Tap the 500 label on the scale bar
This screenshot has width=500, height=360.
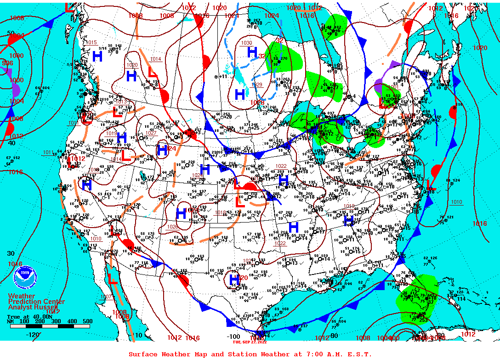pyautogui.click(x=87, y=321)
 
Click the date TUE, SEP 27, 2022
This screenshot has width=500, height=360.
pyautogui.click(x=250, y=342)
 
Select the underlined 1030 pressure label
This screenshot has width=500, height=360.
pyautogui.click(x=247, y=43)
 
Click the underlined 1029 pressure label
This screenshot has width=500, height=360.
pyautogui.click(x=256, y=85)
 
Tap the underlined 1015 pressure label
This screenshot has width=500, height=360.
pyautogui.click(x=92, y=42)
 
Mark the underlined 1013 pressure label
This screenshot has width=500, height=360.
pyautogui.click(x=121, y=101)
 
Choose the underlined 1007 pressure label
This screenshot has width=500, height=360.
pyautogui.click(x=106, y=297)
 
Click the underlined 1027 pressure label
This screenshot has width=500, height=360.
pyautogui.click(x=151, y=133)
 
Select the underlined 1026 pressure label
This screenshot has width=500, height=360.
pyautogui.click(x=172, y=227)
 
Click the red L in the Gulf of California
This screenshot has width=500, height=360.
pyautogui.click(x=112, y=278)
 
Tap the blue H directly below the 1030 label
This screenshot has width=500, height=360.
pyautogui.click(x=252, y=52)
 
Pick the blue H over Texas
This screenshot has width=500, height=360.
pyautogui.click(x=234, y=280)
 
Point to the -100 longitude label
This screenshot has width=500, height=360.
pyautogui.click(x=234, y=336)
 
